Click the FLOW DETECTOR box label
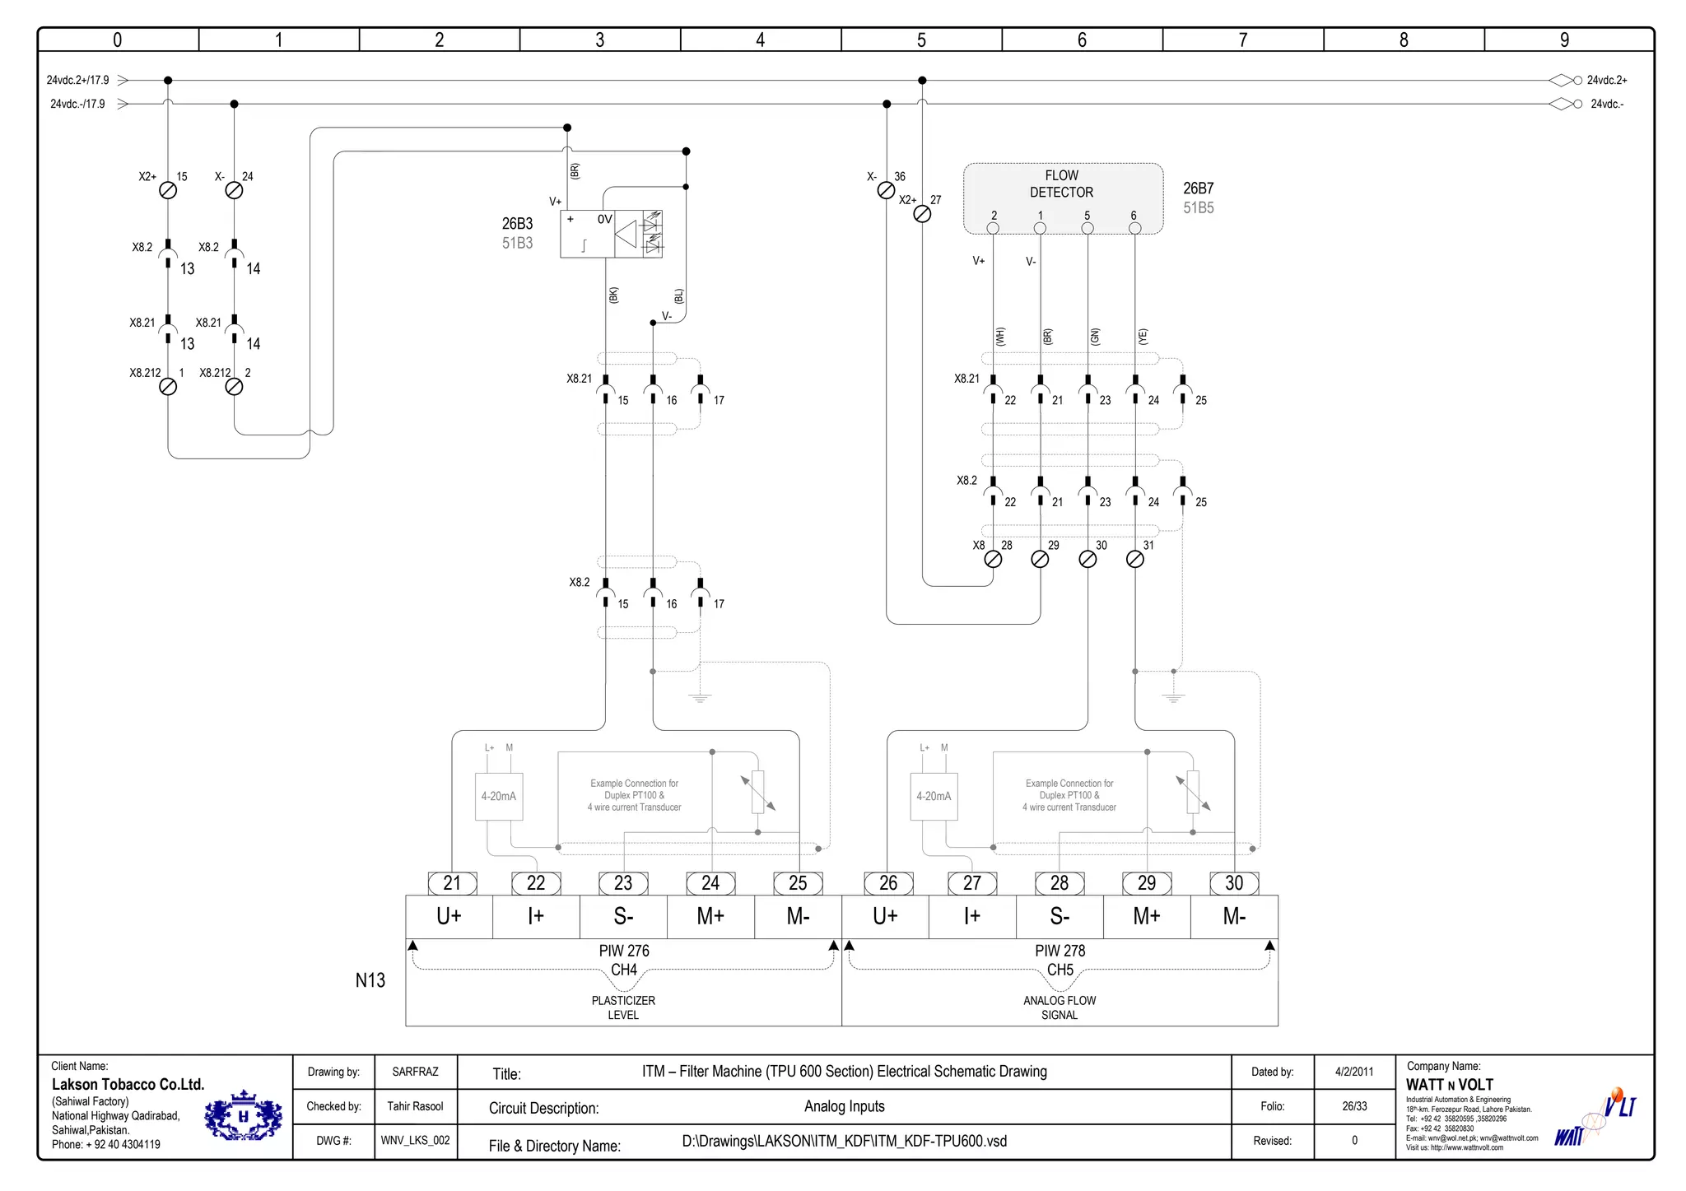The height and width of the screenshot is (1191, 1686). [x=1061, y=184]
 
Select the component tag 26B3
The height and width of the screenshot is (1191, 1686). [x=517, y=224]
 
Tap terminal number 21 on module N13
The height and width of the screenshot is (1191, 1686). [x=452, y=883]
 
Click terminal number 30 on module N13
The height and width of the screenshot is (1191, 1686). [x=1233, y=883]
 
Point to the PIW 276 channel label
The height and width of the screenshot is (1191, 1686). [x=624, y=951]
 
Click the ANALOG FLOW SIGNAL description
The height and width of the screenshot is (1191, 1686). [x=1060, y=1007]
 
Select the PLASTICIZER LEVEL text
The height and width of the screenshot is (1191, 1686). [x=623, y=1007]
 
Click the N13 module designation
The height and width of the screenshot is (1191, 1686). [x=370, y=980]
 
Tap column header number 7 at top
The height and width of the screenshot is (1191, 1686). [x=1242, y=40]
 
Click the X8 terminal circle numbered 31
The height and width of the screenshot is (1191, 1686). [x=1134, y=560]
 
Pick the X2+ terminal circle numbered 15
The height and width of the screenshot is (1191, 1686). [x=168, y=190]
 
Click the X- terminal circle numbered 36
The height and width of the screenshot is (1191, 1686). [x=886, y=190]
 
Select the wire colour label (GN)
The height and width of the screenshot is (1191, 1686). [x=1095, y=336]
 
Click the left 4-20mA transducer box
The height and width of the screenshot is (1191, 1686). [x=499, y=796]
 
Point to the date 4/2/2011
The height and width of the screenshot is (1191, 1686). [x=1354, y=1072]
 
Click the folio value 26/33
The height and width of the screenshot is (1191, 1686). [x=1354, y=1106]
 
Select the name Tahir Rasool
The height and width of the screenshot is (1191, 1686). [x=415, y=1106]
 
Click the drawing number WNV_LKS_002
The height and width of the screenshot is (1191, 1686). [x=415, y=1141]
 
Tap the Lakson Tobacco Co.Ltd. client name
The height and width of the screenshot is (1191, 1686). [x=128, y=1085]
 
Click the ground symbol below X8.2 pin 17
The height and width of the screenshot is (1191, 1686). [x=700, y=697]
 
